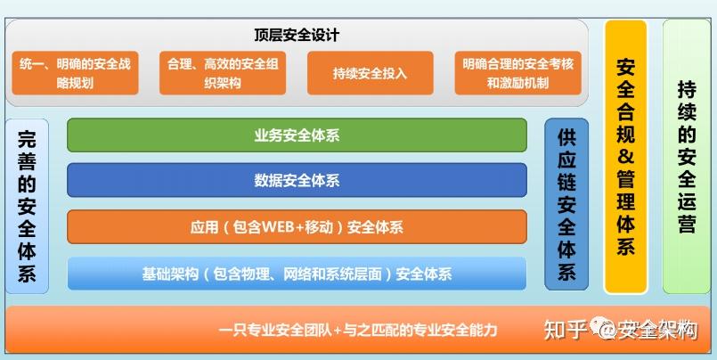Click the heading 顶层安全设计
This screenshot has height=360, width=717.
[297, 36]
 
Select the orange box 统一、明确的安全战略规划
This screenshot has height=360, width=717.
[76, 73]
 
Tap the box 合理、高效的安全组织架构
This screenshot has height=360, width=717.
[223, 73]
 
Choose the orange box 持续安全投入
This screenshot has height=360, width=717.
[370, 73]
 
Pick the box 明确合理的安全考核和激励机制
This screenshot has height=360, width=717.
[517, 73]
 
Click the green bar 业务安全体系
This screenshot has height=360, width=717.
[297, 135]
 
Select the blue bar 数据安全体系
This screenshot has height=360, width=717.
[297, 181]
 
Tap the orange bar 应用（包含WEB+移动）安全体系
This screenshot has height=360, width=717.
[297, 227]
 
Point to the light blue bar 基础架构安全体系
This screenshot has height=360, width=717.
[297, 274]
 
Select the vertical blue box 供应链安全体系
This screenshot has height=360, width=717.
[566, 204]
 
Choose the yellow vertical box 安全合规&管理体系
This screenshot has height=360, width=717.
[625, 157]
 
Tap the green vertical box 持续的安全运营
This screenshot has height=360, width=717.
[686, 157]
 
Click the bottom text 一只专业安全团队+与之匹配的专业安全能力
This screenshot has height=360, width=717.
[357, 329]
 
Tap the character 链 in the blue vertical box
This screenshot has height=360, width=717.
[566, 182]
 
